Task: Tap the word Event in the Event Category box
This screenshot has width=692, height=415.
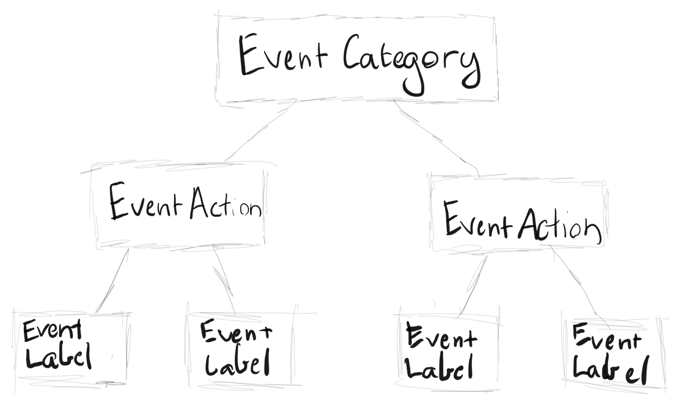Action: click(283, 54)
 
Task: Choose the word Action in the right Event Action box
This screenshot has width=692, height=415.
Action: click(560, 225)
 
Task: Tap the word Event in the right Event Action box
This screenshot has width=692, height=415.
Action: click(478, 218)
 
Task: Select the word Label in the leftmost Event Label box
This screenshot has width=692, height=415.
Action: click(59, 356)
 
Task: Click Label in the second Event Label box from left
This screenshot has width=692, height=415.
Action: click(237, 362)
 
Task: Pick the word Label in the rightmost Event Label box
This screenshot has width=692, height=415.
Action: click(611, 370)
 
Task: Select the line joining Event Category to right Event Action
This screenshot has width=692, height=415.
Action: click(437, 139)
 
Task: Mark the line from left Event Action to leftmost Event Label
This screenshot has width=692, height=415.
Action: click(112, 281)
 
